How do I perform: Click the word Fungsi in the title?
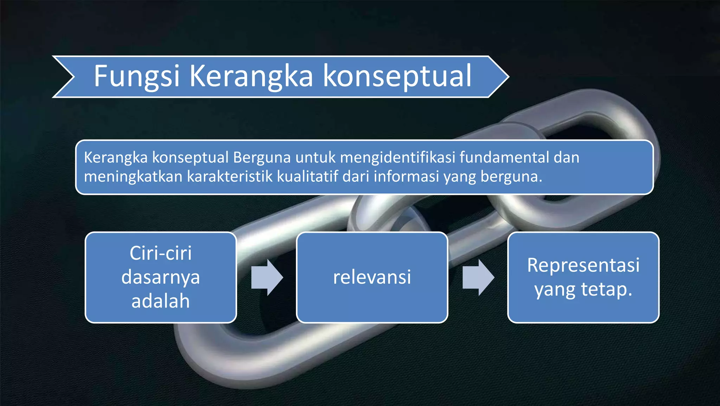pos(136,77)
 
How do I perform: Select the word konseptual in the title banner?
pos(397,76)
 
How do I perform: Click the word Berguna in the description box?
pos(262,157)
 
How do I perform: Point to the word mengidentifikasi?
pos(398,157)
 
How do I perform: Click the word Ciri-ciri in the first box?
pos(161,253)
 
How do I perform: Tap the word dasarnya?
pos(161,277)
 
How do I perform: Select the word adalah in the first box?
pos(161,301)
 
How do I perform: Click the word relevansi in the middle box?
pos(372,277)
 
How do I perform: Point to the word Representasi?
pos(583,265)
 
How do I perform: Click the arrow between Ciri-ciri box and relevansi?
pos(267,277)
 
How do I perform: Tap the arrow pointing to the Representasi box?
pos(478,277)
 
